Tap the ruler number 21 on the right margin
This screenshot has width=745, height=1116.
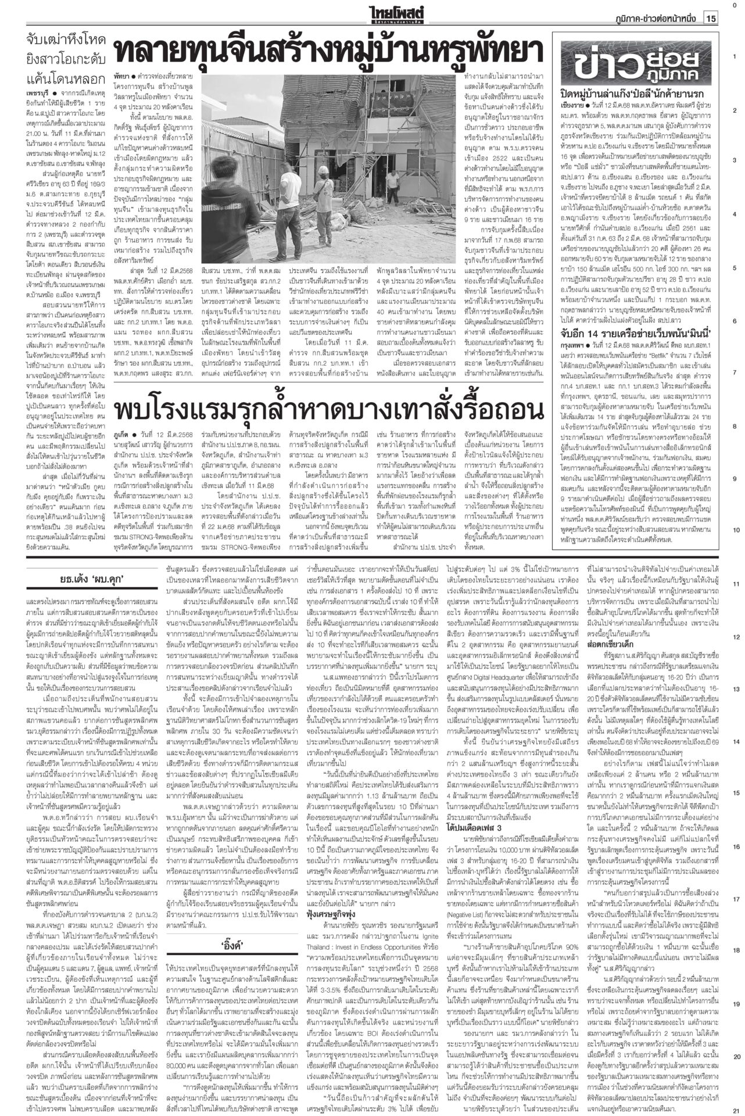click(x=736, y=1110)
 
